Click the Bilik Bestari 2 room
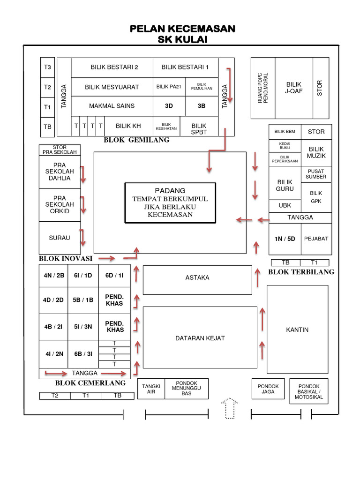112,67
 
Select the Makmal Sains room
112,106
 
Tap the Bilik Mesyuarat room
112,87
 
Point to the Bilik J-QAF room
294,88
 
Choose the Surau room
60,238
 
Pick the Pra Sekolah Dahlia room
60,172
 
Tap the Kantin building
297,330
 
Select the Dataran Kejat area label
200,338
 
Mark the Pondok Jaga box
268,389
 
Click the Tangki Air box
151,389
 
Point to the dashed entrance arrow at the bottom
230,408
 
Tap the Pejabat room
316,239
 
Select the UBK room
285,205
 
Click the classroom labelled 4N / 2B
54,275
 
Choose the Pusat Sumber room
316,174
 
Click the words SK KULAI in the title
182,39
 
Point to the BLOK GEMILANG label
136,140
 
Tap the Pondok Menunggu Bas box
186,389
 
